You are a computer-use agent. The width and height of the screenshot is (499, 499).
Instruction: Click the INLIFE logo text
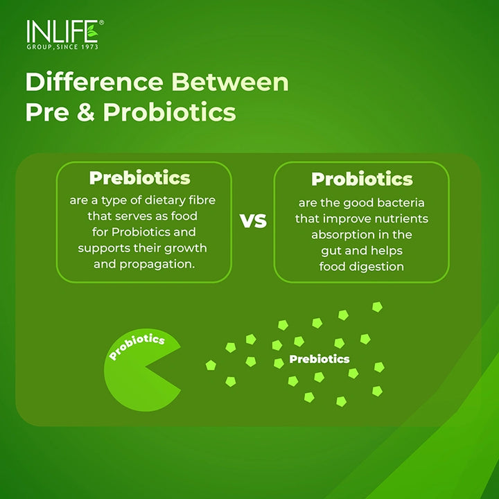61,32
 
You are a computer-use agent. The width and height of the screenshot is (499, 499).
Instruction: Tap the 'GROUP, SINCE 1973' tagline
62,46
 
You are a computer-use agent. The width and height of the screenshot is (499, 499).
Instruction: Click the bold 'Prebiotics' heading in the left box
139,178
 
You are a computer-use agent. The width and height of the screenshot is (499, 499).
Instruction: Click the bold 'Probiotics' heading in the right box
362,179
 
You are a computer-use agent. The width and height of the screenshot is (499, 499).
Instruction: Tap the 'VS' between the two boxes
253,221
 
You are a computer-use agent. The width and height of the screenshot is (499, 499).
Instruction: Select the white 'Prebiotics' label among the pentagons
319,359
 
